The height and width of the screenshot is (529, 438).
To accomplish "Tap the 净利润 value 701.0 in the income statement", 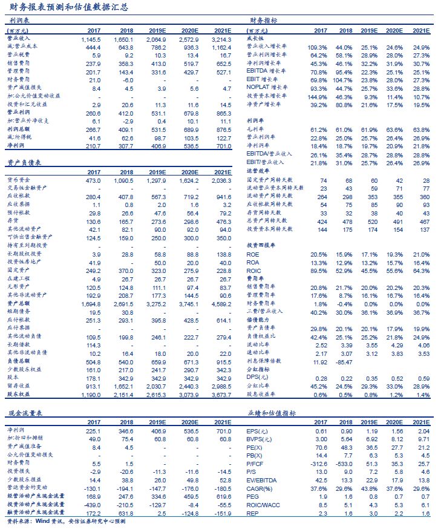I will pyautogui.click(x=222, y=146).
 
